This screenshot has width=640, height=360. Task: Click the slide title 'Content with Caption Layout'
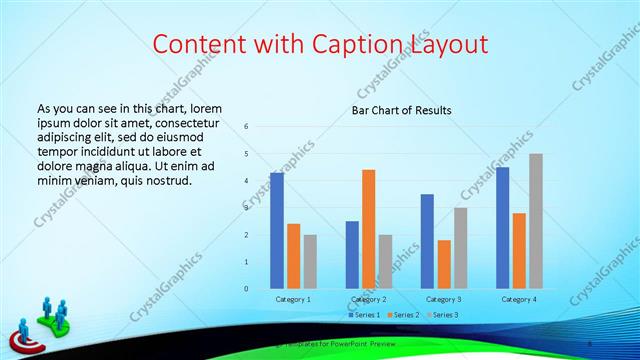(320, 45)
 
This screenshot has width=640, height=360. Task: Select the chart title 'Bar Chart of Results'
(401, 110)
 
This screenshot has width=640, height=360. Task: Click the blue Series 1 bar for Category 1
(277, 230)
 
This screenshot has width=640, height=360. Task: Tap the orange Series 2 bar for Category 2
(368, 229)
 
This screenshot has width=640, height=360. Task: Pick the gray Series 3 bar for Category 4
(536, 221)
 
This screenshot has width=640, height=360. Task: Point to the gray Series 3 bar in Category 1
(310, 262)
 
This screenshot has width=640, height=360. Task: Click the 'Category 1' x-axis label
(293, 299)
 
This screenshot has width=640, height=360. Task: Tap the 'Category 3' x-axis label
(443, 299)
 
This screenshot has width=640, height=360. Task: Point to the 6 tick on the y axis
(246, 127)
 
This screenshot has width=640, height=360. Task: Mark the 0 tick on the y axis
(246, 289)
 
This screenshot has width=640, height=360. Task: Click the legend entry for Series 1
(364, 315)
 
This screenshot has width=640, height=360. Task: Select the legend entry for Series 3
(441, 315)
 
